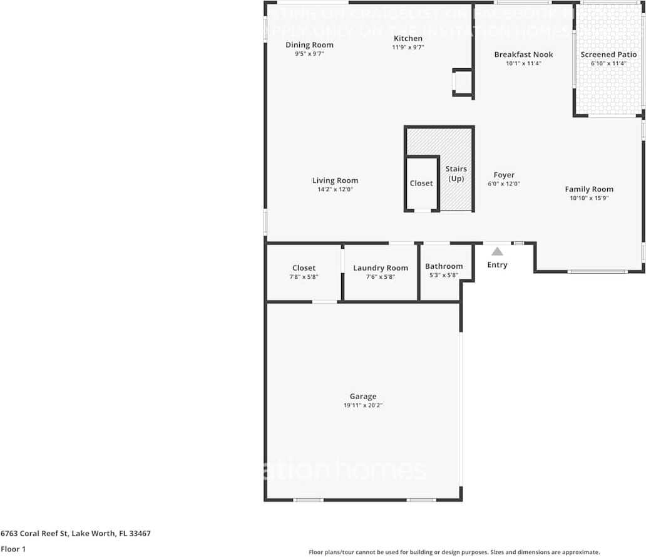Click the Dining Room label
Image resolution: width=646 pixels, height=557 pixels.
point(309,45)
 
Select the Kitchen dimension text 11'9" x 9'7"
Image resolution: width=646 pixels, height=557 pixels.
point(408,47)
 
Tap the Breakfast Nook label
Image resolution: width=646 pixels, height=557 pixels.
point(523,55)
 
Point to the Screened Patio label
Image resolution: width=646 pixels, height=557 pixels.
point(608,55)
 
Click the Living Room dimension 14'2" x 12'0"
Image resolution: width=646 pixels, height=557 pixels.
point(335,189)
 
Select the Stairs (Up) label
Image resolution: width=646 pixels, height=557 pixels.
point(456,174)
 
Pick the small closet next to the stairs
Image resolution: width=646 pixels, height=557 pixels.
point(421,184)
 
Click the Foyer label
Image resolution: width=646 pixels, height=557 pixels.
point(504,175)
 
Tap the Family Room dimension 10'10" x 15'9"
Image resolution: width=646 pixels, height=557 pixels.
point(589,198)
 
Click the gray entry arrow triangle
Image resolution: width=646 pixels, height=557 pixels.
point(497,251)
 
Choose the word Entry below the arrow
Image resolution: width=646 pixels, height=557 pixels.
point(497,265)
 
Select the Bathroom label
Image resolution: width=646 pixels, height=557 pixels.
point(444,266)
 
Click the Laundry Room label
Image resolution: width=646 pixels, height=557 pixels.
point(380,268)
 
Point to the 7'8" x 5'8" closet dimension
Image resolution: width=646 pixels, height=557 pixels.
point(304,276)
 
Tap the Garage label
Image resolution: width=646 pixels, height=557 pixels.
point(363,396)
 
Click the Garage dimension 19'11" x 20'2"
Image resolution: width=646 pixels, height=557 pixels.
point(363,405)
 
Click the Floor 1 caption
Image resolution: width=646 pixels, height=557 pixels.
point(13,549)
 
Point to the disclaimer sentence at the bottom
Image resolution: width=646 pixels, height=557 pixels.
point(454,552)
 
